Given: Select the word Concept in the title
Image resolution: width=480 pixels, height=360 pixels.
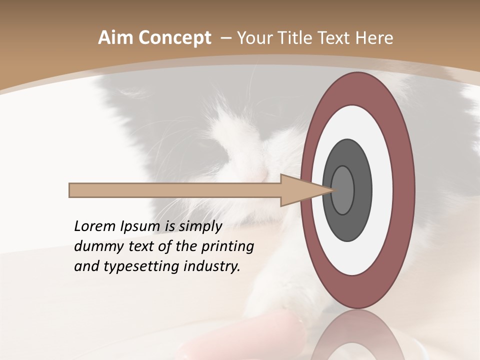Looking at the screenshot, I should [x=174, y=38].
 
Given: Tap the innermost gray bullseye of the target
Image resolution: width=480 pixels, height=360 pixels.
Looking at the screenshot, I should [x=343, y=190].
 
